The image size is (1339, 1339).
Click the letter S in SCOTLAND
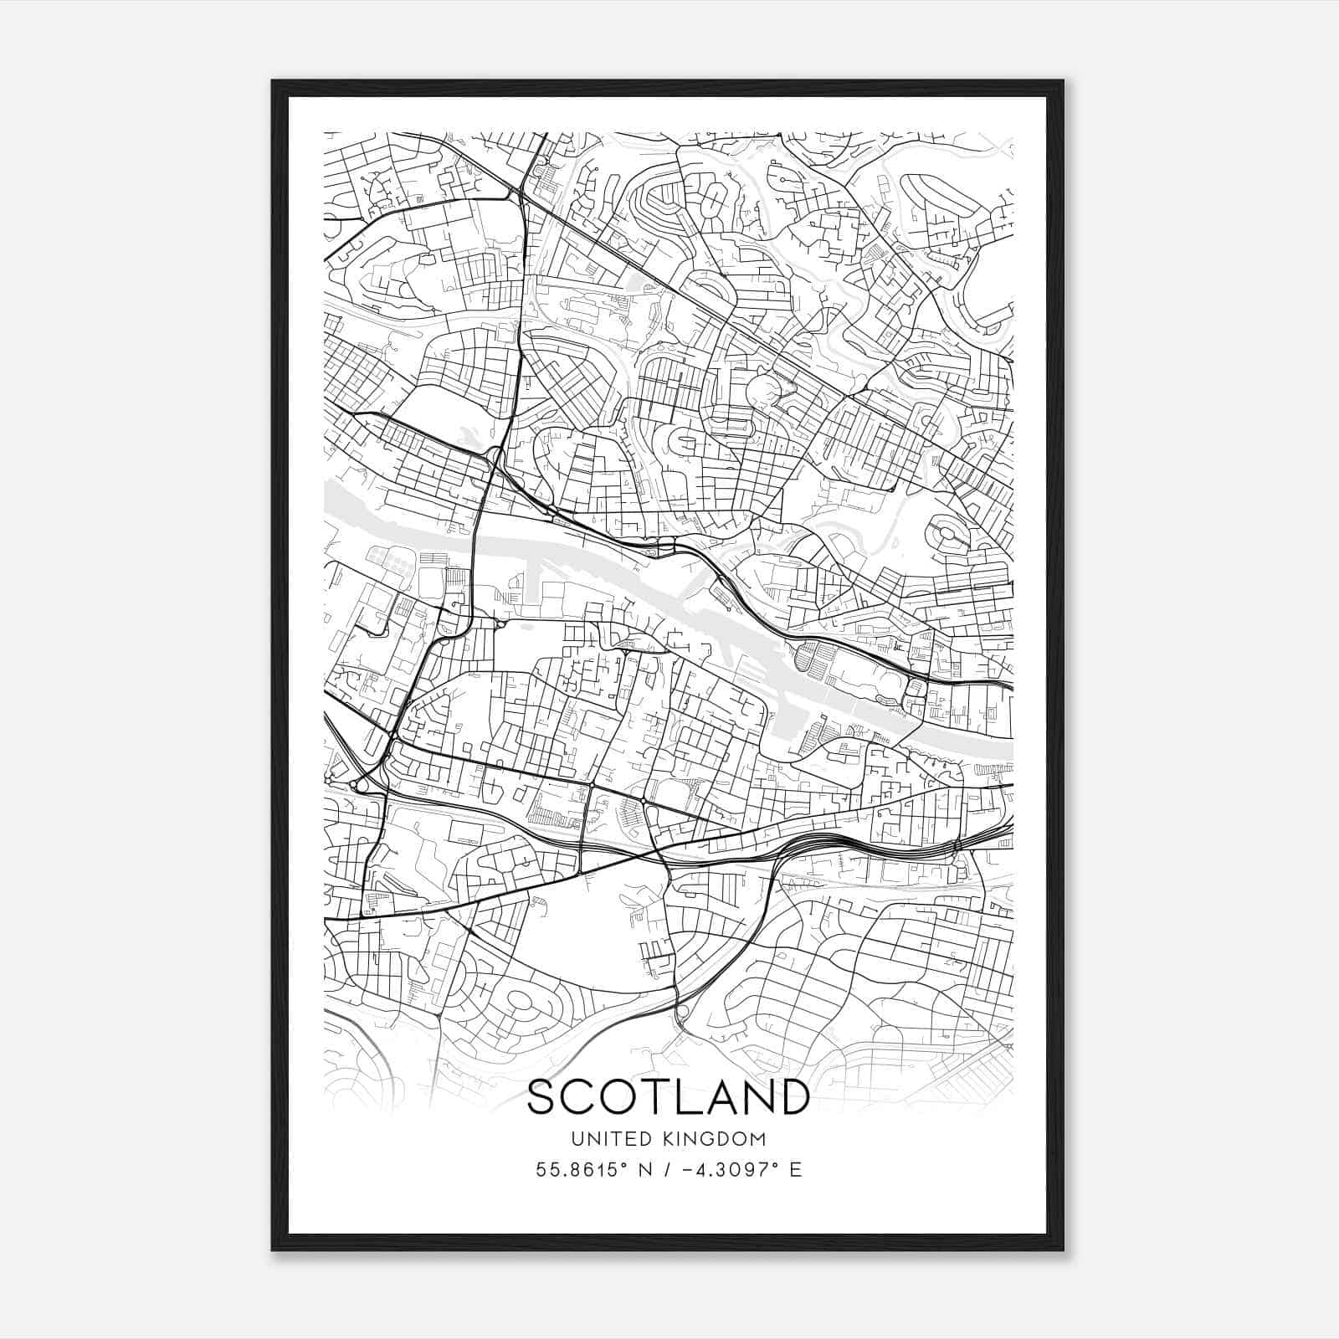[x=541, y=1097]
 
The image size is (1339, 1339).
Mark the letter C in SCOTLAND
[x=578, y=1097]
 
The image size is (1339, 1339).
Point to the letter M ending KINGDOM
[x=757, y=1138]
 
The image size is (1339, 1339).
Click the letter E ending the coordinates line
[x=796, y=1169]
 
